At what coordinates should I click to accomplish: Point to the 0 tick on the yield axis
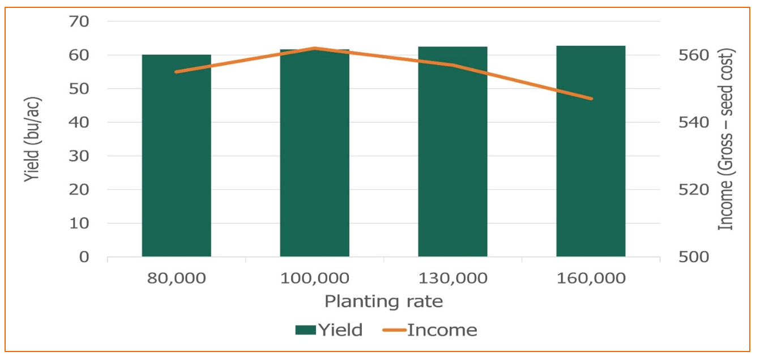tap(84, 257)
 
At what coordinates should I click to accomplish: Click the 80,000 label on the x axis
tap(176, 278)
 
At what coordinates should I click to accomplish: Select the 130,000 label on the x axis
tap(452, 278)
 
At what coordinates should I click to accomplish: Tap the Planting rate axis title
tap(383, 302)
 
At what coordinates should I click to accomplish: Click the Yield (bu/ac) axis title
tap(32, 139)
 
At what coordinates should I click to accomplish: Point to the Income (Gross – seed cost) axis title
tap(727, 139)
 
